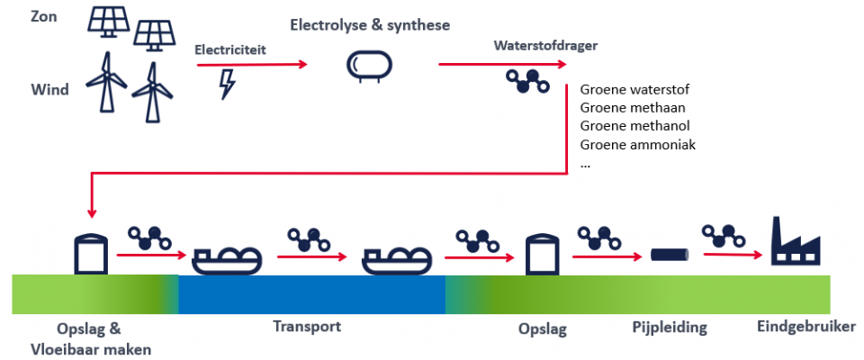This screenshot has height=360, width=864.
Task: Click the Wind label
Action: pyautogui.click(x=50, y=89)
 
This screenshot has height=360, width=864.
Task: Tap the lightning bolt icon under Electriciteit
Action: pyautogui.click(x=227, y=84)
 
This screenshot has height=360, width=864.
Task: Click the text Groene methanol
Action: pyautogui.click(x=634, y=126)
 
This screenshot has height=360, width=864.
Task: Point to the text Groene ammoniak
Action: pyautogui.click(x=638, y=145)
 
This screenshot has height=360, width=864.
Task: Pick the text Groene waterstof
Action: pyautogui.click(x=634, y=89)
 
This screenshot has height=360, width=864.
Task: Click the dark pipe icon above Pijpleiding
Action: pyautogui.click(x=670, y=255)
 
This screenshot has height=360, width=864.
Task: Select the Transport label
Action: pyautogui.click(x=308, y=326)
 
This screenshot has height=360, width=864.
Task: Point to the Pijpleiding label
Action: pyautogui.click(x=670, y=328)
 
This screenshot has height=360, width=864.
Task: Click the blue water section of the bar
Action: pyautogui.click(x=312, y=294)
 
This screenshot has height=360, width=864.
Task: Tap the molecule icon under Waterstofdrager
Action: pyautogui.click(x=527, y=82)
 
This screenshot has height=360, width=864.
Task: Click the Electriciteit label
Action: pyautogui.click(x=230, y=50)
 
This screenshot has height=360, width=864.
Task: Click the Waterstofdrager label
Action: pyautogui.click(x=545, y=46)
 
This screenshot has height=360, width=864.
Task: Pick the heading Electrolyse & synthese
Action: pyautogui.click(x=370, y=25)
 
